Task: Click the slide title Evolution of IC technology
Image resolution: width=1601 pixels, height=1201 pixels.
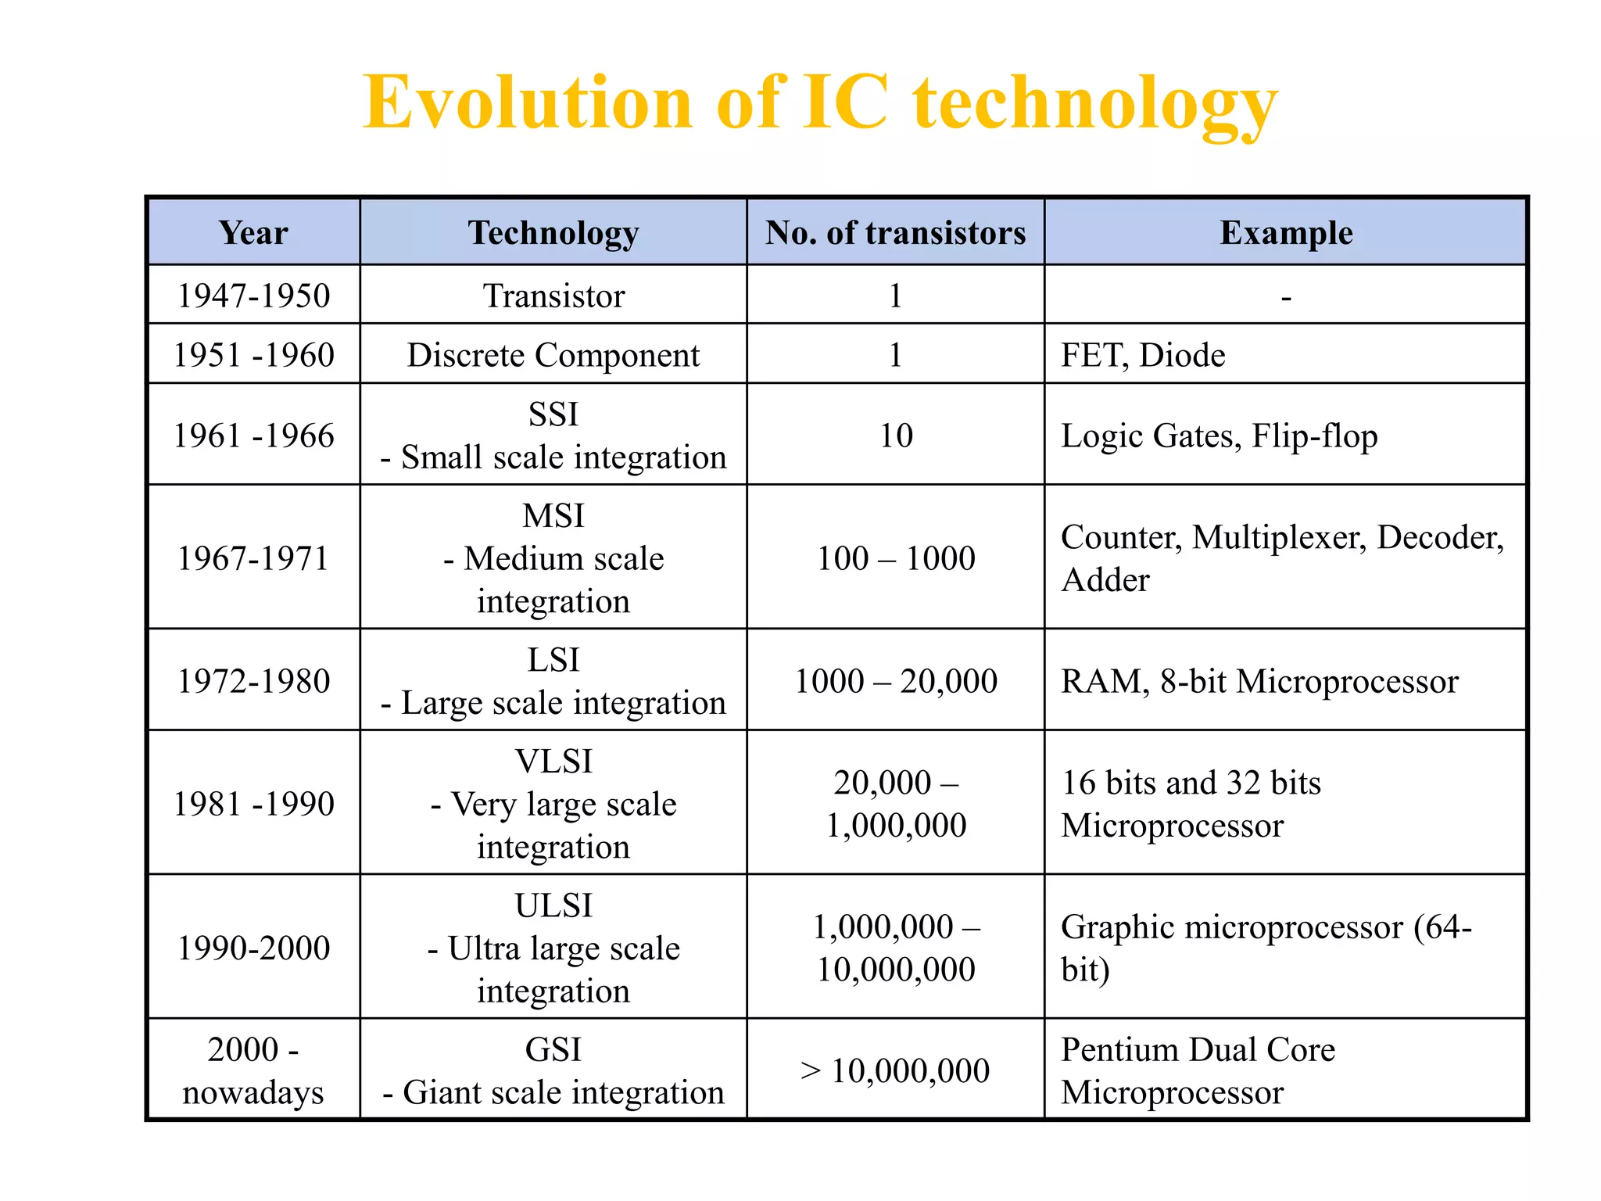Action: (x=819, y=103)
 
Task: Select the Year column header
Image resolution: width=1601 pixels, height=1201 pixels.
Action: (x=253, y=233)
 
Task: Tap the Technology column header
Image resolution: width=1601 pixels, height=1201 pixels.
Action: (x=553, y=233)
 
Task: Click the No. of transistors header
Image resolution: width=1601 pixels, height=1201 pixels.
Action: (x=895, y=233)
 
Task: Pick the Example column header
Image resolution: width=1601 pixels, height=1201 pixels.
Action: (x=1286, y=233)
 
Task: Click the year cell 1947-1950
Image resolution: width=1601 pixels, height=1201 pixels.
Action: (x=253, y=296)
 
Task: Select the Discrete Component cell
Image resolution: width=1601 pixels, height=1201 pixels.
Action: (x=553, y=355)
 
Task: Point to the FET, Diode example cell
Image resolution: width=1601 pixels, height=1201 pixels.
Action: (x=1143, y=355)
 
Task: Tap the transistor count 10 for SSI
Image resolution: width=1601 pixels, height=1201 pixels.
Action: (x=896, y=436)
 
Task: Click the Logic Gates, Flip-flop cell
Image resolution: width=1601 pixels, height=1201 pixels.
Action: (x=1219, y=436)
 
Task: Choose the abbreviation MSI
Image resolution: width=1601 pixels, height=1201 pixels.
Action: (x=553, y=516)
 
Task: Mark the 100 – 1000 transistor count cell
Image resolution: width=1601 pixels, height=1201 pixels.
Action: (x=896, y=558)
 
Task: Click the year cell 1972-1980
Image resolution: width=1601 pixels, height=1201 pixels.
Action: (x=253, y=681)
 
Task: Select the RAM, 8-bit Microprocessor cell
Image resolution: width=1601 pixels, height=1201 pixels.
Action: (x=1259, y=681)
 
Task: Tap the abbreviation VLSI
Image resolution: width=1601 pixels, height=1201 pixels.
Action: (x=553, y=762)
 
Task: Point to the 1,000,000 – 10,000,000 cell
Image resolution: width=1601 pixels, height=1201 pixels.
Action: (x=896, y=948)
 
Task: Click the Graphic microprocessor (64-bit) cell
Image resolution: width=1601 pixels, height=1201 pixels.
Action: (x=1266, y=948)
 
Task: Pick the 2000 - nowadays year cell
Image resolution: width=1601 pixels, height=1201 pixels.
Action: (x=253, y=1070)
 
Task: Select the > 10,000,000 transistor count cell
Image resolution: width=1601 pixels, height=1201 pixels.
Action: (x=896, y=1070)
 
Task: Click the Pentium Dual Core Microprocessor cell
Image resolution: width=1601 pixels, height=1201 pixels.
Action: (x=1198, y=1070)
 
